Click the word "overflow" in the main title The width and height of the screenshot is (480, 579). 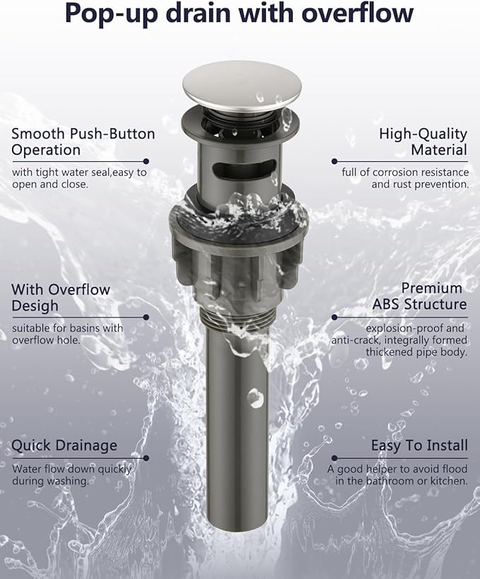click(x=357, y=13)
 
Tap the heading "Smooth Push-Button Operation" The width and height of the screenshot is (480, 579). click(x=83, y=142)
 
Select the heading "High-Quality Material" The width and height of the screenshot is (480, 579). click(x=423, y=142)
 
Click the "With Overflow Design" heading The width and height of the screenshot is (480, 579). click(x=61, y=298)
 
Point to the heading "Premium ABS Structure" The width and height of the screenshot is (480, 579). click(x=419, y=296)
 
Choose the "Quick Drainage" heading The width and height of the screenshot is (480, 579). click(x=64, y=445)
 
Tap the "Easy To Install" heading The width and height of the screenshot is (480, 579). click(x=419, y=445)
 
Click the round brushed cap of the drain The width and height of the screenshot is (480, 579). click(x=242, y=86)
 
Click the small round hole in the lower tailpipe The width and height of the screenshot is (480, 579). click(x=255, y=398)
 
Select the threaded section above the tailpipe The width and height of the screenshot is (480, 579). click(x=238, y=318)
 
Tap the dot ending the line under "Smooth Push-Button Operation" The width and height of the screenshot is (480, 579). click(x=146, y=161)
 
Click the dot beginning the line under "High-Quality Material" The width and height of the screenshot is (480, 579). click(x=334, y=161)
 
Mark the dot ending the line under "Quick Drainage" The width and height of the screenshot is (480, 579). click(x=146, y=458)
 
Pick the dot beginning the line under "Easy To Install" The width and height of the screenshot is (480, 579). click(x=334, y=458)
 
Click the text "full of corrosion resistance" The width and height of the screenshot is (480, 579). click(x=405, y=172)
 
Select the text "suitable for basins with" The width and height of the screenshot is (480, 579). click(x=68, y=328)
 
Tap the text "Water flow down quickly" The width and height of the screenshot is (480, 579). click(x=71, y=469)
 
